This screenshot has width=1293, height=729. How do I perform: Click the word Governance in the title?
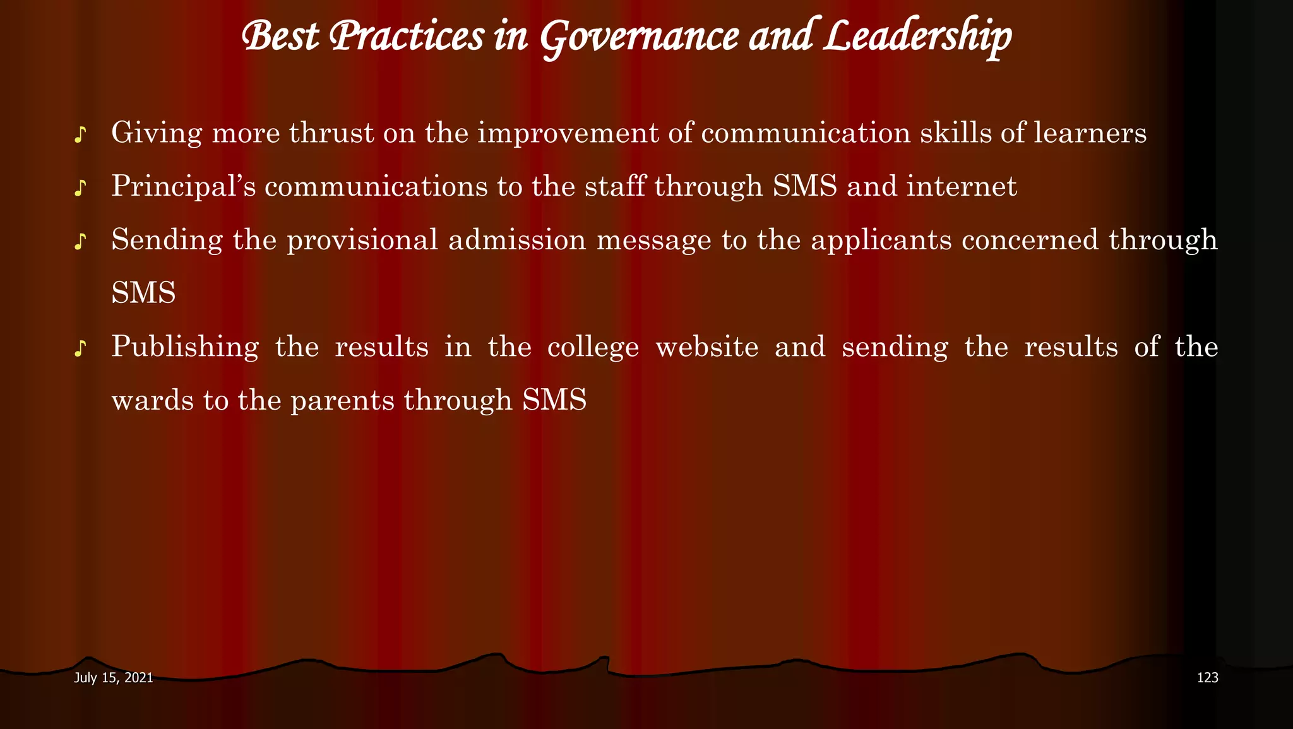[x=638, y=37]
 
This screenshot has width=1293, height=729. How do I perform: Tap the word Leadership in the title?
[x=917, y=37]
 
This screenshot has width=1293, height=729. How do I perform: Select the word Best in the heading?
[x=280, y=37]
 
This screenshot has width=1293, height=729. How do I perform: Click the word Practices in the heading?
[x=407, y=37]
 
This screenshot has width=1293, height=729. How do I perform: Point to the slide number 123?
[x=1207, y=678]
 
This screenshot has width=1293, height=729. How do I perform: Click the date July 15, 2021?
[x=114, y=678]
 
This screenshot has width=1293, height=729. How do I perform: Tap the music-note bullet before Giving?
[x=80, y=134]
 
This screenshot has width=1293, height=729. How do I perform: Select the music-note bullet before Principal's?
[x=80, y=188]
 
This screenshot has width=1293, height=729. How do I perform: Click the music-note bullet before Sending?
[x=80, y=242]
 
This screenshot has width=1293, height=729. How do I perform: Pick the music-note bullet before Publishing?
[x=80, y=349]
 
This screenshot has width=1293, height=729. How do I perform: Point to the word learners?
[x=1090, y=133]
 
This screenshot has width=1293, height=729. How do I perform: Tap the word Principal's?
[x=184, y=187]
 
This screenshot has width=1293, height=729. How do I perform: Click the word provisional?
[x=362, y=240]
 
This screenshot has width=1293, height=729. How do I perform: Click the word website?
[x=707, y=347]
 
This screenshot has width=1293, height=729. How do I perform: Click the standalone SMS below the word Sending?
[x=143, y=293]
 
